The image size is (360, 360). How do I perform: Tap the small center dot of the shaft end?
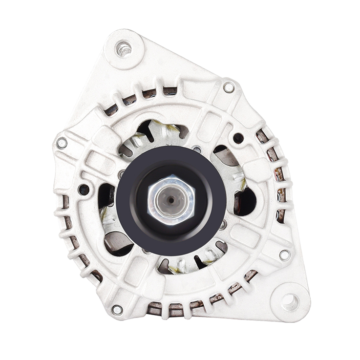click(171, 199)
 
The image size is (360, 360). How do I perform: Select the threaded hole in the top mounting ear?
click(124, 48)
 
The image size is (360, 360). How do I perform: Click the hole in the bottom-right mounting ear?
click(290, 302)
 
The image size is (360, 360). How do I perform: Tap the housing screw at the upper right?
click(229, 87)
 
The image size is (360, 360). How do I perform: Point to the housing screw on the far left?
click(62, 143)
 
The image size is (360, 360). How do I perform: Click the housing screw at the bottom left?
click(117, 309)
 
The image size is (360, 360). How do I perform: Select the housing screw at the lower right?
click(285, 254)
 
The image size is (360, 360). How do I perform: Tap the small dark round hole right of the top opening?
click(238, 138)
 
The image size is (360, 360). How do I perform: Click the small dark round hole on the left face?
click(84, 190)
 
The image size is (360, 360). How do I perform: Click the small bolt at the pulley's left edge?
click(121, 174)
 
